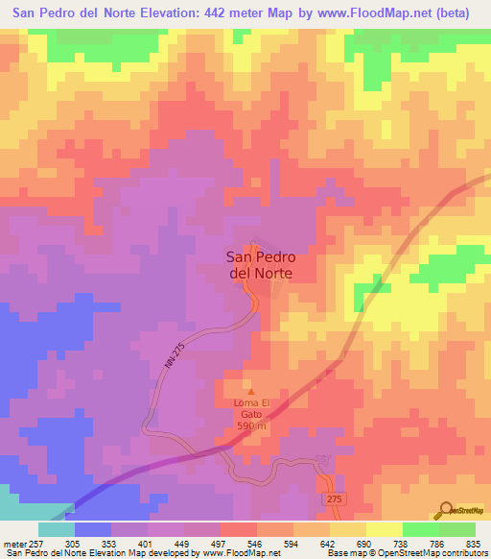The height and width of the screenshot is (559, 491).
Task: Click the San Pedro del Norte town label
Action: click(259, 264)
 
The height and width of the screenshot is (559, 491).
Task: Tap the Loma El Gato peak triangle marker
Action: click(252, 391)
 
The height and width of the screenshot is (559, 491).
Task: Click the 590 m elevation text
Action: click(252, 425)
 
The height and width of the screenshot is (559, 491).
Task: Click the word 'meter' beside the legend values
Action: click(13, 544)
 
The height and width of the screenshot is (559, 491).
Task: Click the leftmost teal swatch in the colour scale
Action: click(56, 529)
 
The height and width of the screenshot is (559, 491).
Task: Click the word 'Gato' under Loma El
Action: click(252, 414)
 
